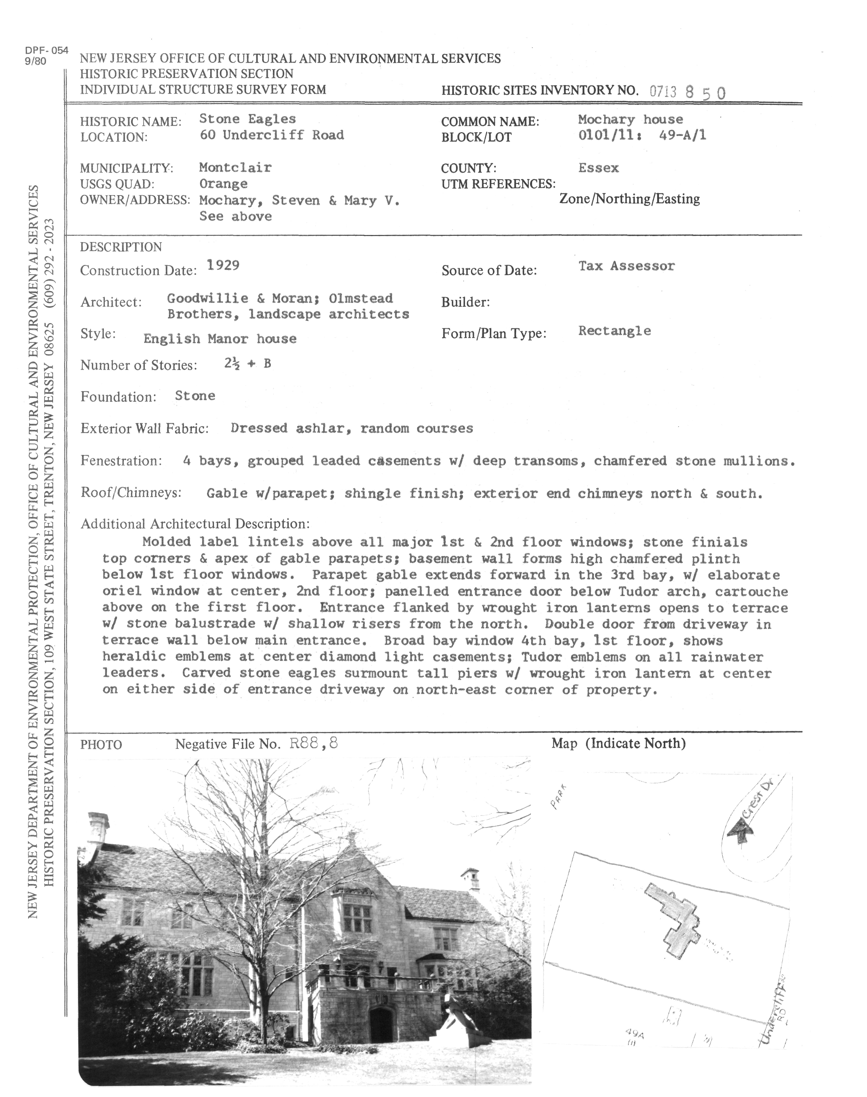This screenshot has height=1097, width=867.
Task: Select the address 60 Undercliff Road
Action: (x=271, y=135)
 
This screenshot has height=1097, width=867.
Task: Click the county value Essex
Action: (x=598, y=168)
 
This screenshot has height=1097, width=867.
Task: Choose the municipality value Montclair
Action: (x=235, y=167)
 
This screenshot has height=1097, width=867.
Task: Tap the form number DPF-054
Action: (x=46, y=51)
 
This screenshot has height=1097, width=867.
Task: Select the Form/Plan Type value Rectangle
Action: (x=614, y=331)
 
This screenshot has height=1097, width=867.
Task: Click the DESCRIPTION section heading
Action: (x=121, y=247)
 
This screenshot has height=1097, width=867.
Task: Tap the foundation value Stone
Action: (x=195, y=396)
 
